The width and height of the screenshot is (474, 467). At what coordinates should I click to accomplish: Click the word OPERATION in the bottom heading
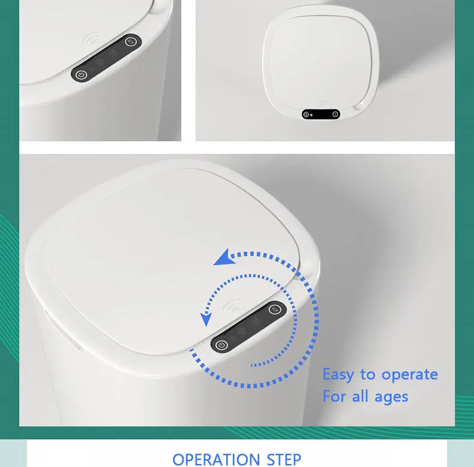(x=216, y=460)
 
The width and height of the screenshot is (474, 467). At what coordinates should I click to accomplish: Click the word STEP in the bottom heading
(x=284, y=460)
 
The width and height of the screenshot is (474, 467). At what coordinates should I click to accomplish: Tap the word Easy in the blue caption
(x=338, y=375)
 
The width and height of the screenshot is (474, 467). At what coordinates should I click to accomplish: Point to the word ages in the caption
(x=391, y=397)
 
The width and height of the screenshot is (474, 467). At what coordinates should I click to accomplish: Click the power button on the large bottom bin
(x=222, y=345)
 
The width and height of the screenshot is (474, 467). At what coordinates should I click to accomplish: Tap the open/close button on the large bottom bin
(x=274, y=309)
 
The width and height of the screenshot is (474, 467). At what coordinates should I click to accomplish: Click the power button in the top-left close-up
(x=81, y=75)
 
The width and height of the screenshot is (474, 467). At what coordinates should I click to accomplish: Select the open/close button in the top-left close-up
(x=131, y=42)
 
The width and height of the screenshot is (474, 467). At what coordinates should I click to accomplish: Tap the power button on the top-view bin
(x=306, y=114)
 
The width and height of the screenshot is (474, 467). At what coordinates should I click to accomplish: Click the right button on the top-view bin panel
(x=335, y=114)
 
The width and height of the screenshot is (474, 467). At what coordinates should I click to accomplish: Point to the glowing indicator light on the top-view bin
(x=311, y=115)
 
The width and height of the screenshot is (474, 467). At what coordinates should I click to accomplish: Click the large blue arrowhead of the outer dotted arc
(x=224, y=258)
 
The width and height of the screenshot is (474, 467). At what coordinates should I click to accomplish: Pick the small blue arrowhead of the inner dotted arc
(x=206, y=320)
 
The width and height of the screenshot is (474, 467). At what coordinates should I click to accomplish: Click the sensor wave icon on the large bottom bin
(x=231, y=305)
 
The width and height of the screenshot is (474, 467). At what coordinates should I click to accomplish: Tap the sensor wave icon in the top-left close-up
(x=91, y=38)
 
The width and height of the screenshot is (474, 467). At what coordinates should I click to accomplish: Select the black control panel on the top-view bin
(x=321, y=114)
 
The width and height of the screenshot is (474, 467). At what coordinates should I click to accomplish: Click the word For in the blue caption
(x=334, y=396)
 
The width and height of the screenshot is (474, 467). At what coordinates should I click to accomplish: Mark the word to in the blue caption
(x=367, y=375)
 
